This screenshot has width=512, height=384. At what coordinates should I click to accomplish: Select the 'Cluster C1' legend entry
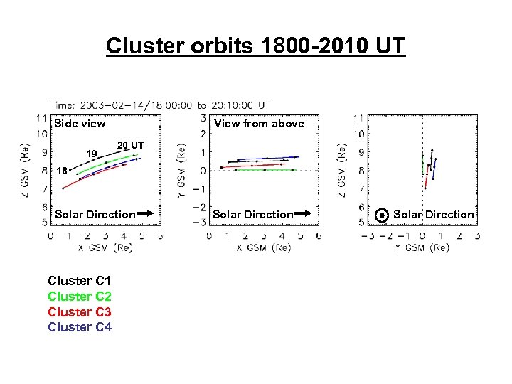click(80, 281)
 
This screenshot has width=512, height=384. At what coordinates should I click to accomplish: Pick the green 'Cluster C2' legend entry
click(80, 297)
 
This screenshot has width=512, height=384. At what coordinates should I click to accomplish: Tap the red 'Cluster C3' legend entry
click(80, 312)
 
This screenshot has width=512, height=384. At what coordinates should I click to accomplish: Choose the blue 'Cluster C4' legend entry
click(80, 327)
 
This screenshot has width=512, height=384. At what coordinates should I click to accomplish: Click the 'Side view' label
click(80, 124)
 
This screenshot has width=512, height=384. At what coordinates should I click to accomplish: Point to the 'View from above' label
click(259, 124)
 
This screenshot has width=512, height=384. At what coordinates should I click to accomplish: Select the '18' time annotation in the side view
click(63, 171)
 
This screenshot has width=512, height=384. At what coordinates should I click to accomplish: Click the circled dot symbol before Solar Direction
click(383, 214)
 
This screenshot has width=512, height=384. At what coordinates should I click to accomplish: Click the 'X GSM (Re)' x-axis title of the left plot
click(105, 247)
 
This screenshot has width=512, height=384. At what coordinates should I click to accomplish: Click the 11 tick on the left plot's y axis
click(42, 117)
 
